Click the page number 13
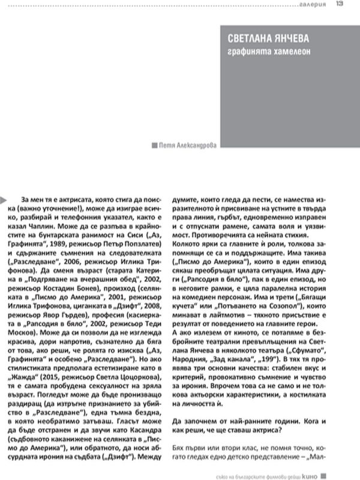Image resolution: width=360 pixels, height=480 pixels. [339, 4]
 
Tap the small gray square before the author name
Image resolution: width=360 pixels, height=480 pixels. [155, 145]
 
